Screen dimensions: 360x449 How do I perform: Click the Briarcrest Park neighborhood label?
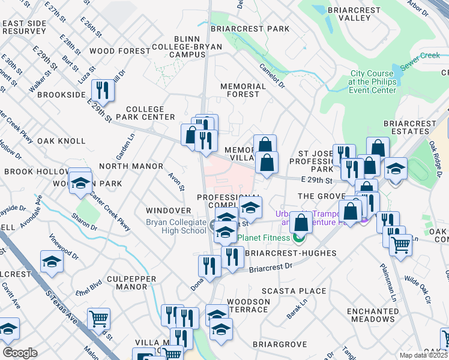tap(249, 29)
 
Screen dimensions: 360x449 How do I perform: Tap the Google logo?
tap(20, 353)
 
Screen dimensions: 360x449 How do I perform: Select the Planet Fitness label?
tap(266, 237)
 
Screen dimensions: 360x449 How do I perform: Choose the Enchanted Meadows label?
tap(373, 316)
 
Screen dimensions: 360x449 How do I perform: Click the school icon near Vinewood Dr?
tap(52, 262)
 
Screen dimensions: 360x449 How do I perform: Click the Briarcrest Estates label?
tap(410, 127)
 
